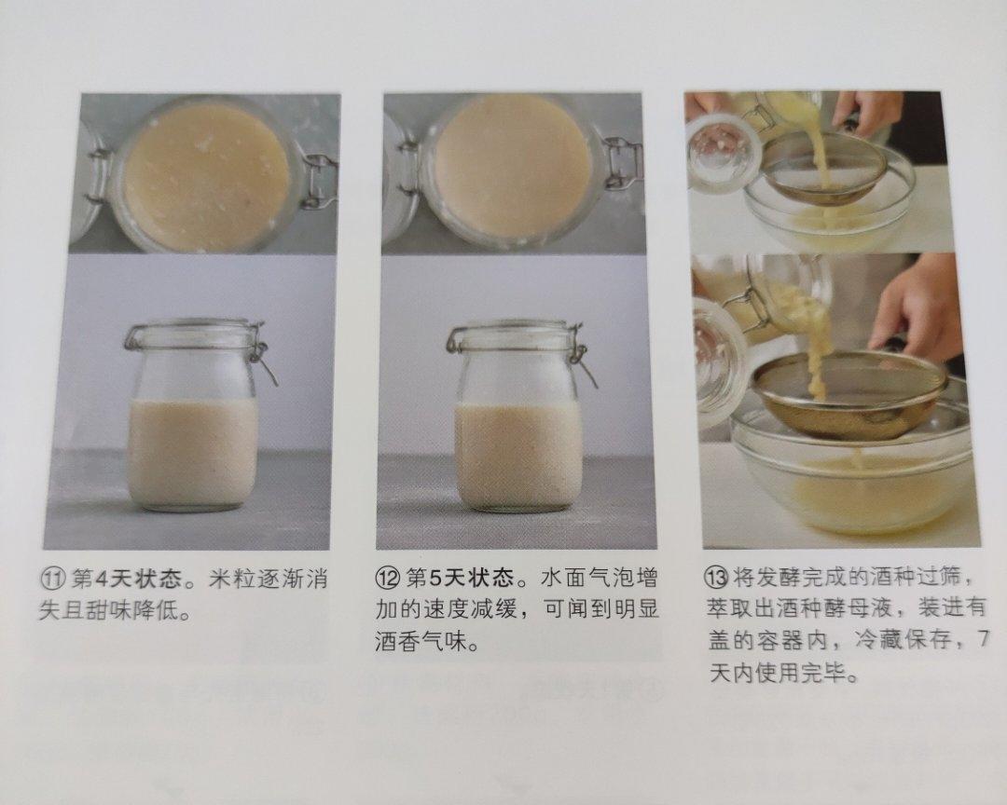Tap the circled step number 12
pyautogui.click(x=387, y=580)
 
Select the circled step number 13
pyautogui.click(x=715, y=580)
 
